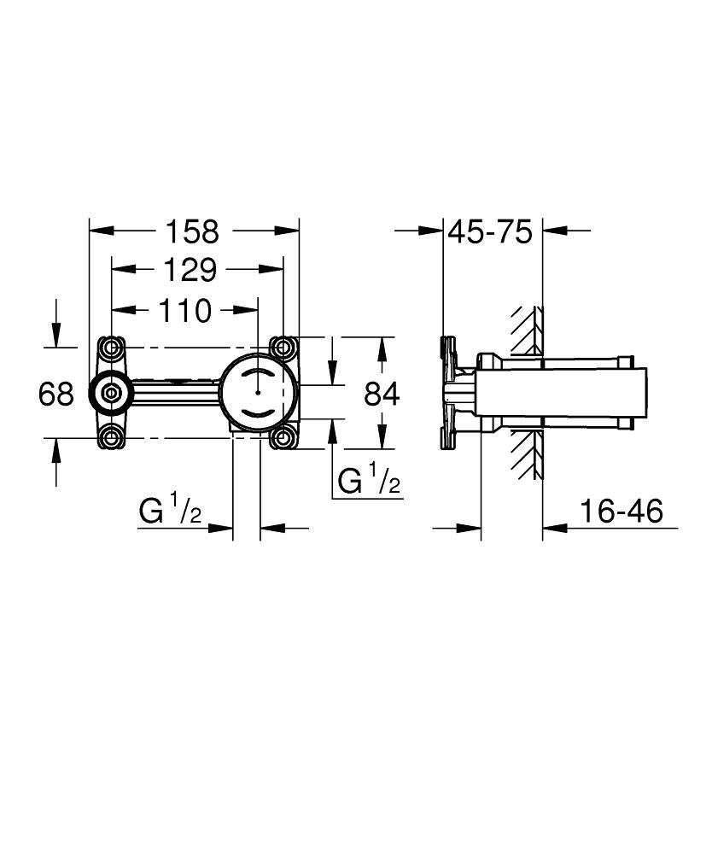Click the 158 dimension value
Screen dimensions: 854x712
click(x=192, y=231)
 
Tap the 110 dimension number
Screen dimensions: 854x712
click(x=184, y=311)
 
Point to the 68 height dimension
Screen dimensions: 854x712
click(x=56, y=394)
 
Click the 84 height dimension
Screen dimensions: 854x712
click(x=382, y=394)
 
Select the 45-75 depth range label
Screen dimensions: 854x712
click(x=490, y=231)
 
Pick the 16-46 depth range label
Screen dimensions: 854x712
click(x=621, y=512)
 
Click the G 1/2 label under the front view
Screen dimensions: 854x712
click(x=170, y=512)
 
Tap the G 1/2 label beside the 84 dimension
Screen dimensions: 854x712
click(x=369, y=483)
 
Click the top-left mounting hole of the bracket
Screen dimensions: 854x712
click(x=111, y=348)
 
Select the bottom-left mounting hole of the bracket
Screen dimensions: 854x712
click(x=111, y=439)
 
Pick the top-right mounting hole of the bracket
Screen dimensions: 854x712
click(x=283, y=348)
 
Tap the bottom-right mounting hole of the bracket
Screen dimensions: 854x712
click(x=283, y=439)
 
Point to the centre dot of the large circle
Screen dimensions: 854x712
click(x=257, y=394)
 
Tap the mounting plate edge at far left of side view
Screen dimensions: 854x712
click(x=444, y=394)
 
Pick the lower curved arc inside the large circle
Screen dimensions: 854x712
click(x=257, y=413)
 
